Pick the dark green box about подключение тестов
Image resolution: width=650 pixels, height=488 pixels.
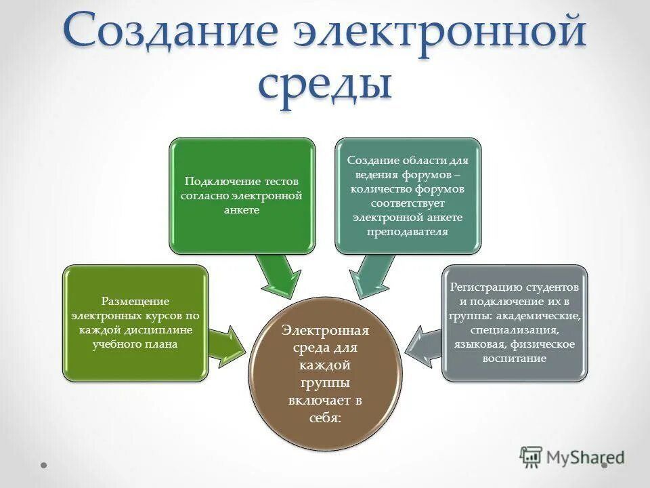[x=242, y=196]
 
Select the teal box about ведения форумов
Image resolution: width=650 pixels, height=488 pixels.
[x=408, y=196]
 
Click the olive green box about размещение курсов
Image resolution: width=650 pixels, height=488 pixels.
[x=135, y=323]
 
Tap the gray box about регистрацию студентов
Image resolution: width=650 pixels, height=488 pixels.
[x=515, y=323]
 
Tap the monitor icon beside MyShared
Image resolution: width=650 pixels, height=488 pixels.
[x=532, y=457]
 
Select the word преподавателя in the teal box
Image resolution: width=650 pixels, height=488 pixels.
[x=408, y=232]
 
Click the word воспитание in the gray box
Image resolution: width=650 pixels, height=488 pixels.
[x=515, y=359]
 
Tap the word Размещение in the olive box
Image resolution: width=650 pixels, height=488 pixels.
[x=135, y=300]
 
